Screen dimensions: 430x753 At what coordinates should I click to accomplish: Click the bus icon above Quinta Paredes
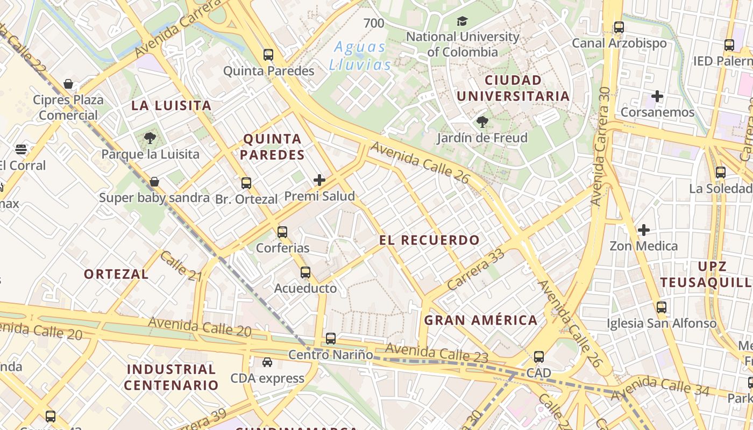[268, 55]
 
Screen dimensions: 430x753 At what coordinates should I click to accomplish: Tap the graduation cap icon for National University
[462, 21]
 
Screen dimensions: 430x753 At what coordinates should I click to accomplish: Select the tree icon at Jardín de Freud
[482, 122]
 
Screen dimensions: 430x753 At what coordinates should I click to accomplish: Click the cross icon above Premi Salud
[319, 180]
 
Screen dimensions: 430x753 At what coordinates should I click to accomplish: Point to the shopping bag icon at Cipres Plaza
[68, 84]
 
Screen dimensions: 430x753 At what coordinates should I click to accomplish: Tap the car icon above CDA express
[267, 362]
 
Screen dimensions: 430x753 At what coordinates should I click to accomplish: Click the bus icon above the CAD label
[539, 357]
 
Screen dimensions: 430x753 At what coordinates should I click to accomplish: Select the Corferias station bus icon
[282, 232]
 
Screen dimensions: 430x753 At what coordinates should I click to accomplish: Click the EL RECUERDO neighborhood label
[429, 240]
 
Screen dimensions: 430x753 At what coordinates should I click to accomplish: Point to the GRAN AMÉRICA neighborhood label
[481, 320]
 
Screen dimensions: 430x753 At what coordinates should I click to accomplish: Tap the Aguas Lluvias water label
[360, 56]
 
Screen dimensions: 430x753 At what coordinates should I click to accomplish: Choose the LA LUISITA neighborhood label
[172, 105]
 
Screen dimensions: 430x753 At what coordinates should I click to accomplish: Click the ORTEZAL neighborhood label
[116, 274]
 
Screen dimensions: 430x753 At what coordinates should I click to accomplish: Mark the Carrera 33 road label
[476, 270]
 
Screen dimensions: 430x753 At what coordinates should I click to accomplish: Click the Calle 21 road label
[180, 266]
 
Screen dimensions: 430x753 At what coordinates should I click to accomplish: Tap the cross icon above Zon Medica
[644, 231]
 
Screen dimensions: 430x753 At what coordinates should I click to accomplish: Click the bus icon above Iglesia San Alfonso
[662, 307]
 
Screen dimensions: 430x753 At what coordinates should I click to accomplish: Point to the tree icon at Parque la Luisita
[150, 139]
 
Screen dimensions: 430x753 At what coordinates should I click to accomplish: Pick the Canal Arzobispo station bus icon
[619, 27]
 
